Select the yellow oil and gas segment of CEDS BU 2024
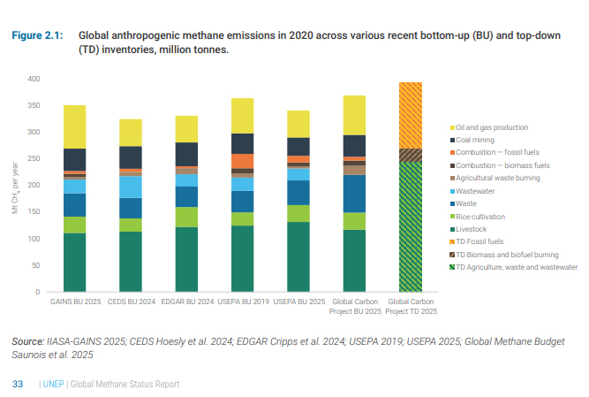click(x=131, y=133)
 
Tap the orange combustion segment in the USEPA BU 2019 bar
click(x=242, y=161)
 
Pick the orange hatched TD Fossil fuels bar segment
click(x=411, y=115)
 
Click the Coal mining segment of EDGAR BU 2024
click(x=186, y=154)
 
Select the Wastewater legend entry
click(x=478, y=190)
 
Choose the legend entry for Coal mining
click(x=477, y=140)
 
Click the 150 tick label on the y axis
click(x=34, y=212)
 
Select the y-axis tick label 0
click(x=38, y=292)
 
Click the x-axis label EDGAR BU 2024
click(x=186, y=302)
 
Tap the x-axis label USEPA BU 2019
click(x=242, y=302)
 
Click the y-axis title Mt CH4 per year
click(x=15, y=185)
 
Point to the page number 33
click(x=17, y=384)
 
